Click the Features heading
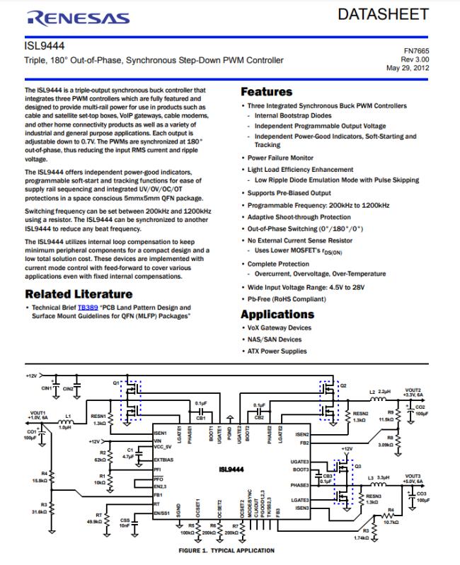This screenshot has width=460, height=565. pos(266,92)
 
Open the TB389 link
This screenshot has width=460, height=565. pos(87,308)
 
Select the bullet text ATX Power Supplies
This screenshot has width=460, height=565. pos(277,351)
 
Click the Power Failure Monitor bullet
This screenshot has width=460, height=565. pos(280,158)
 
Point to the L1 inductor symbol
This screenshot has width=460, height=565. pos(68,419)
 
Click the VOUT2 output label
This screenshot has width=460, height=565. pos(413,390)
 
